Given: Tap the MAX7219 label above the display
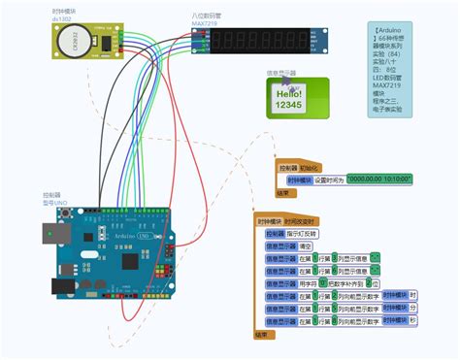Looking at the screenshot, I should tap(205, 25).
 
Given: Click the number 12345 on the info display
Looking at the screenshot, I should tap(288, 105).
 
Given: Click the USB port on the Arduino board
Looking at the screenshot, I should tap(54, 231).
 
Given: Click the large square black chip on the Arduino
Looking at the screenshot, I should tap(140, 263).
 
